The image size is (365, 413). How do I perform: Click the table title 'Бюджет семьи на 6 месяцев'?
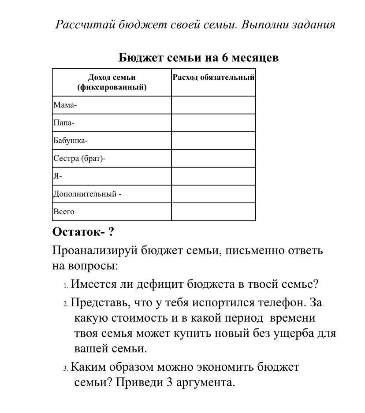[198, 58]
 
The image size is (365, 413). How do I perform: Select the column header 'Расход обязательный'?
[213, 78]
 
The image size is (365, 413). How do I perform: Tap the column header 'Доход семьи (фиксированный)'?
[112, 82]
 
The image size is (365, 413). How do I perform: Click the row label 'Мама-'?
[65, 105]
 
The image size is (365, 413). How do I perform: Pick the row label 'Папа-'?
[64, 123]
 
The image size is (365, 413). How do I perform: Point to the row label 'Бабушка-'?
[71, 141]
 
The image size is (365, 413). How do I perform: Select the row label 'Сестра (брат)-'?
[80, 158]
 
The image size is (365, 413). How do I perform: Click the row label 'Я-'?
[58, 176]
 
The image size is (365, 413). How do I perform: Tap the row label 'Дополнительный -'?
[87, 194]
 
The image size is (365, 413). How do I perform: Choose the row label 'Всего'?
[64, 212]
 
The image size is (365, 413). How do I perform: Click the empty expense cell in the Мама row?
[213, 105]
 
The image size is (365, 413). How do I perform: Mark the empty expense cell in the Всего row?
[213, 212]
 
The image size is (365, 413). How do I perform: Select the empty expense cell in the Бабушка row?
[213, 141]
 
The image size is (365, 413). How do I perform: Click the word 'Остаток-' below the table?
[78, 232]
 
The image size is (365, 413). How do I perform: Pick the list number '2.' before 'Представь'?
[66, 304]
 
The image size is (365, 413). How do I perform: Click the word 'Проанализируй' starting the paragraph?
[95, 250]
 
